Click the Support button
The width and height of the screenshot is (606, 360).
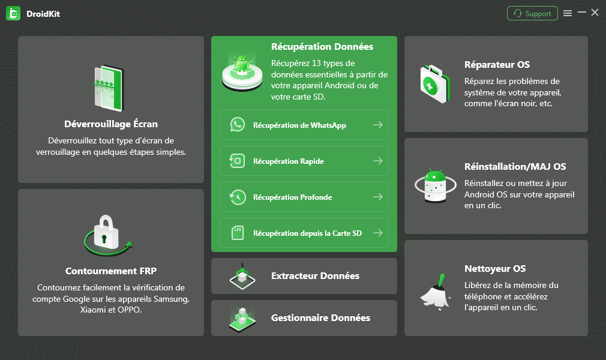coord(532,14)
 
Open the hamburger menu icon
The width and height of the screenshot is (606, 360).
coord(568,14)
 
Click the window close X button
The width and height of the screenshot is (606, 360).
coord(595,13)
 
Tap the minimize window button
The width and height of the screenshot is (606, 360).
coord(581,13)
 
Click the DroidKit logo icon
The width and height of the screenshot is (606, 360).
coord(13,14)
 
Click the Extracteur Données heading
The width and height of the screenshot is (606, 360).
coord(315,276)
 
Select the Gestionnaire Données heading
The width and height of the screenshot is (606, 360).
coord(320,318)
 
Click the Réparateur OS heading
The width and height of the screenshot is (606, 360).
coord(497,65)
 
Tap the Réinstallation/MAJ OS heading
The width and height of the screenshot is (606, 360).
coord(515,167)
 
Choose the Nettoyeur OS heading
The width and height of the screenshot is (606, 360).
coord(494,269)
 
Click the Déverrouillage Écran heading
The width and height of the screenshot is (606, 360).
coord(111,124)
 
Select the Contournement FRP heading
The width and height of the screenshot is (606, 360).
coord(111,271)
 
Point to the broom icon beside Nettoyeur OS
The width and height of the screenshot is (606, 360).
coord(436,292)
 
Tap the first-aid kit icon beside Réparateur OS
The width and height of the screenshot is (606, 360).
coord(435,84)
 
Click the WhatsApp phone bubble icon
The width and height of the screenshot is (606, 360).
coord(237,125)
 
